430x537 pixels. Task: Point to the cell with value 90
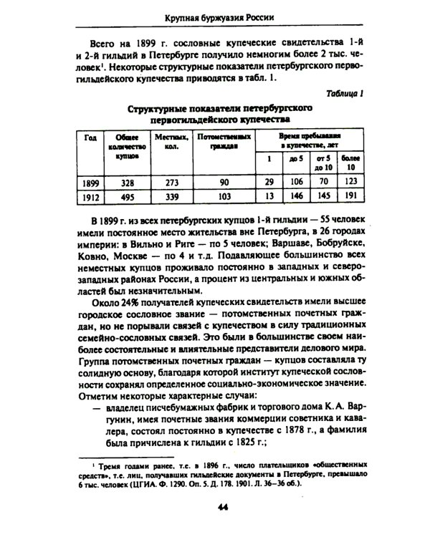(224, 182)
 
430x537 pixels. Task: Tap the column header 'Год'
(90, 137)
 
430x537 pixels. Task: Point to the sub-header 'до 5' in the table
(295, 158)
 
